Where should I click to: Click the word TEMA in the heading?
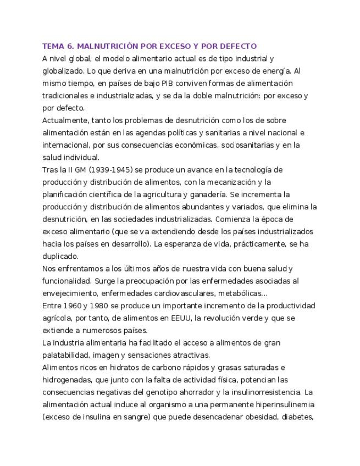53,46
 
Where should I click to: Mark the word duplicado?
60,256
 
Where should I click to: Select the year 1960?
74,306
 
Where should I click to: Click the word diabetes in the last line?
297,417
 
